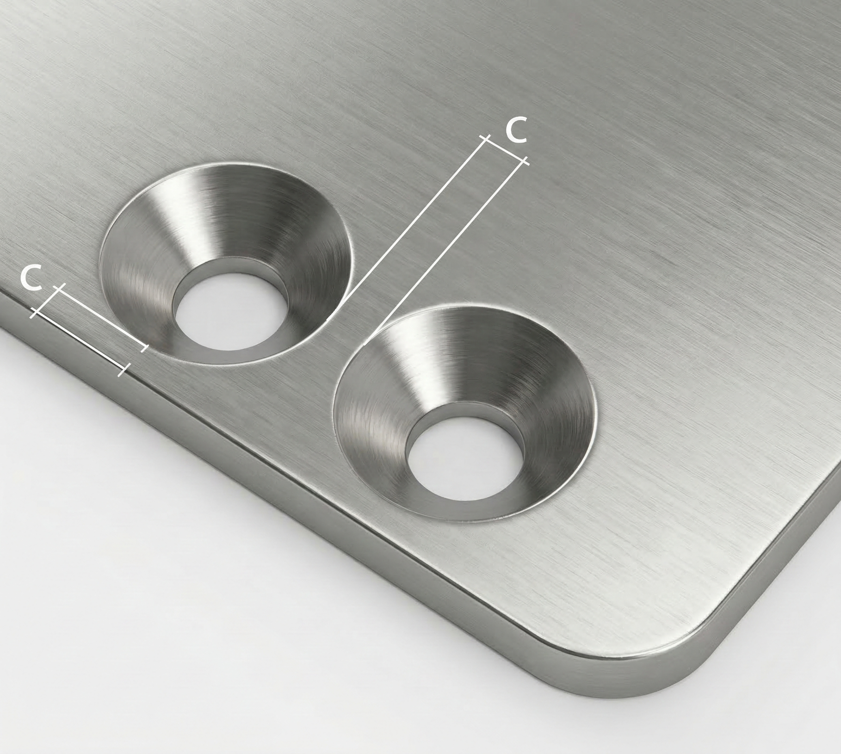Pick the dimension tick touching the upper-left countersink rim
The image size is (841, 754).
point(143,347)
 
